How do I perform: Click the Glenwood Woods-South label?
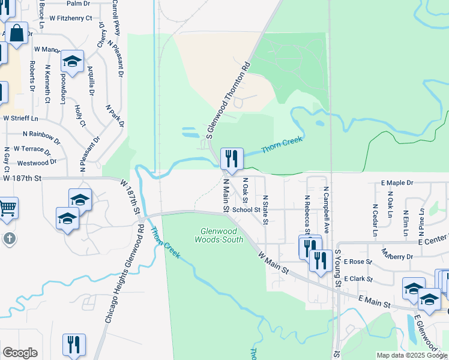(219, 235)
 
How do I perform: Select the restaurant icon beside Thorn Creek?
(232, 159)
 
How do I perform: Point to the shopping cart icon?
(7, 208)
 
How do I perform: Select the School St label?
(246, 210)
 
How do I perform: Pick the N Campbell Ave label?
(327, 210)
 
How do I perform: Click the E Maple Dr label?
(397, 182)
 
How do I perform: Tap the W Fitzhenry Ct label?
(71, 18)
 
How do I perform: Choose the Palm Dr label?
(78, 3)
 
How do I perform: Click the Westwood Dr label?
(37, 163)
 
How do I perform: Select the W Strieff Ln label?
(19, 118)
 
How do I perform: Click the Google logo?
(20, 353)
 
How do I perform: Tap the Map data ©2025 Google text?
(411, 355)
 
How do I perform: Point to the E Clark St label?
(357, 280)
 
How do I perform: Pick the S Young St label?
(338, 268)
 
